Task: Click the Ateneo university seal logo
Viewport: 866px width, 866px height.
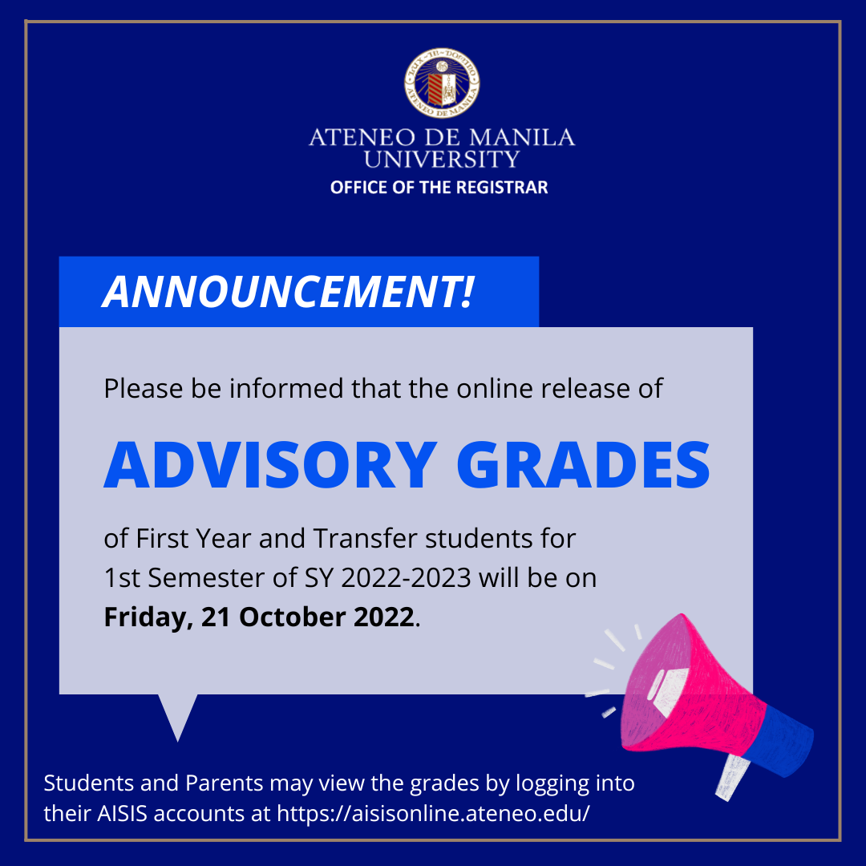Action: coord(441,83)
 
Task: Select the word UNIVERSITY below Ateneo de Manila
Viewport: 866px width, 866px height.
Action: coord(441,159)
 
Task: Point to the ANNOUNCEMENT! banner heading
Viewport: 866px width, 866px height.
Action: coord(289,291)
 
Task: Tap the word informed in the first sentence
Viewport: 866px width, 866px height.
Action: coord(286,388)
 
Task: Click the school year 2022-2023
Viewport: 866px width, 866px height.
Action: coord(406,577)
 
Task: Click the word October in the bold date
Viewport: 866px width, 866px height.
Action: coord(292,617)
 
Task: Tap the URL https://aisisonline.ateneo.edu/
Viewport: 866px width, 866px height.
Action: coord(434,813)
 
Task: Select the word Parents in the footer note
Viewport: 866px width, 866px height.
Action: coord(224,783)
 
